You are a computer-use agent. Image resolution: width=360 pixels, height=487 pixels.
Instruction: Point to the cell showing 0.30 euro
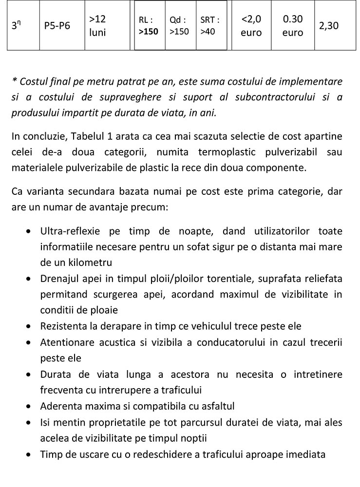[293, 26]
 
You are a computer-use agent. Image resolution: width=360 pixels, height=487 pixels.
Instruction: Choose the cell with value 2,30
[329, 26]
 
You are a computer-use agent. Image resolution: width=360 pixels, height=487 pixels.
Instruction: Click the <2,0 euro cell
[251, 26]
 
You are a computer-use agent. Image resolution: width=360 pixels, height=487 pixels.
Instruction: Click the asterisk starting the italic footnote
[14, 81]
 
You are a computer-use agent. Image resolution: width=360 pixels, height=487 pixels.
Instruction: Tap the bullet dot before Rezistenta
[31, 326]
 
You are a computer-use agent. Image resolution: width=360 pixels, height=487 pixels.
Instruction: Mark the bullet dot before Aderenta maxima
[31, 406]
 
